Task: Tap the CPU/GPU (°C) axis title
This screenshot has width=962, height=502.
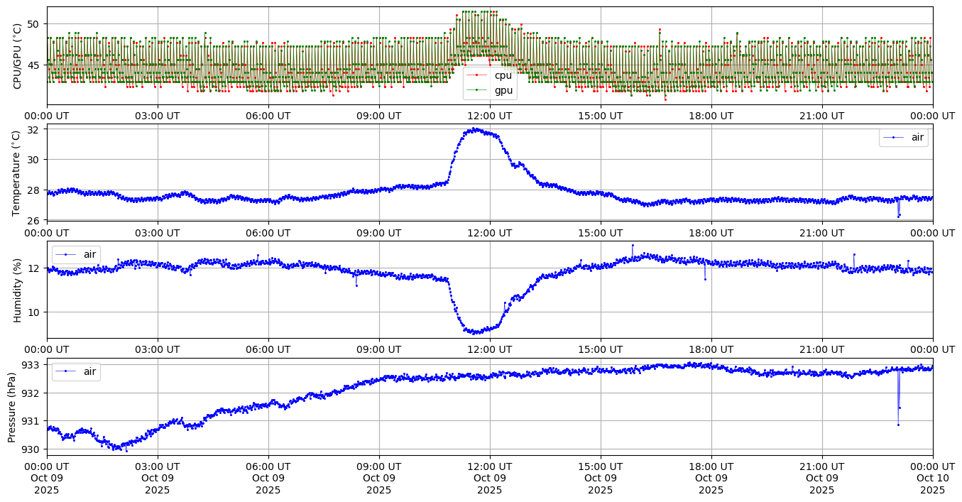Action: tap(17, 55)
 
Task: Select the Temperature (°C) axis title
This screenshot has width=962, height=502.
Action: tap(17, 172)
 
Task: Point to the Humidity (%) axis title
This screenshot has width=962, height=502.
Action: tap(17, 289)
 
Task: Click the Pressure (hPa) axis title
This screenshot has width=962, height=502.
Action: tap(12, 406)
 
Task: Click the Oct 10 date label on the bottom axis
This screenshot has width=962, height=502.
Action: tap(932, 478)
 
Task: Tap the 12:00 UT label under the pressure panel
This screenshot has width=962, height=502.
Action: tap(490, 466)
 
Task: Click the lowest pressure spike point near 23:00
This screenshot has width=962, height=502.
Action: tap(898, 425)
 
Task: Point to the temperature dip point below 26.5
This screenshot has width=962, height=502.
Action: tap(898, 217)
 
